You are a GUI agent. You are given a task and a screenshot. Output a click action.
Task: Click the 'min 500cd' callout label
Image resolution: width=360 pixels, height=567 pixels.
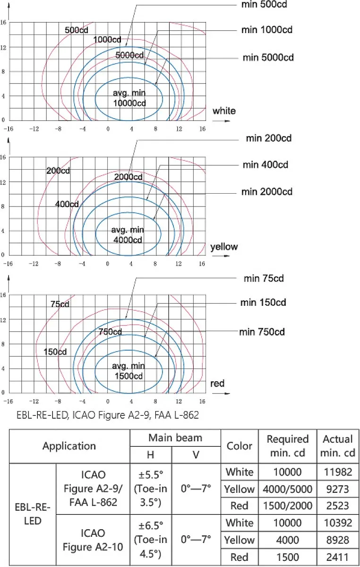click(x=264, y=5)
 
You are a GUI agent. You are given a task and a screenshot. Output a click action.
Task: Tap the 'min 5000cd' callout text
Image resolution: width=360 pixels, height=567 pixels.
click(x=268, y=58)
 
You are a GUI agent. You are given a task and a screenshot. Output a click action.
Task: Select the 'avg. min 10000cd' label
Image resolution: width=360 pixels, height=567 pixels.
click(x=129, y=98)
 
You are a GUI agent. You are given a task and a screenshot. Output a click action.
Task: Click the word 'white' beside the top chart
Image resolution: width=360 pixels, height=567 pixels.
click(x=224, y=111)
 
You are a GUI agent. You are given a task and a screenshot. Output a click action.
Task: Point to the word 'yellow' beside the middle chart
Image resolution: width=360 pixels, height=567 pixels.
click(x=224, y=247)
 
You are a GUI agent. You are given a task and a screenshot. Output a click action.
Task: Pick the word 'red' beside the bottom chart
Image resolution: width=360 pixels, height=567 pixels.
click(x=217, y=384)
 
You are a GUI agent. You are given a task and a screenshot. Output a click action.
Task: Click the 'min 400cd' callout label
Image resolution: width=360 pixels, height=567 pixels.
click(x=266, y=165)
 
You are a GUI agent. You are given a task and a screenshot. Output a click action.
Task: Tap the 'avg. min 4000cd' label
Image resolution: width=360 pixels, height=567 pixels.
click(x=128, y=235)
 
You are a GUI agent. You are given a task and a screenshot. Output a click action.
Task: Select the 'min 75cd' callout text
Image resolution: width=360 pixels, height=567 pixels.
click(x=264, y=278)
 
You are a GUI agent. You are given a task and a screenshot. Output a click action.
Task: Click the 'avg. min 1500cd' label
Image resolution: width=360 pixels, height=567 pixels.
click(x=129, y=371)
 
